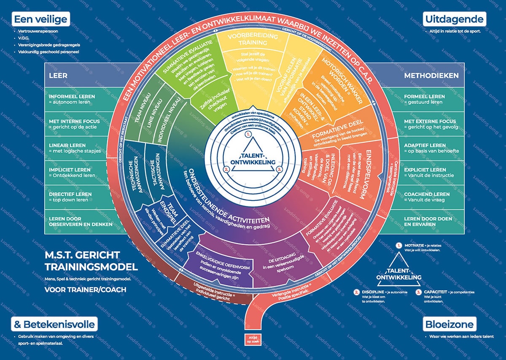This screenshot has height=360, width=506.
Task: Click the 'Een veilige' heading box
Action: tap(40, 19)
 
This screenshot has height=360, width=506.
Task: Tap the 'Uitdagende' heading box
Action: tap(454, 19)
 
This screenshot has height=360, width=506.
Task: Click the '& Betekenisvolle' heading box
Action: tap(54, 325)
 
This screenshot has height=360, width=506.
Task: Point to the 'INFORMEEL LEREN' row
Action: tap(72, 99)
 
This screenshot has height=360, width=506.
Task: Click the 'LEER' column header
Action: tap(58, 76)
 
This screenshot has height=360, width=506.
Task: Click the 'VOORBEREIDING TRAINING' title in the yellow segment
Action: tap(253, 39)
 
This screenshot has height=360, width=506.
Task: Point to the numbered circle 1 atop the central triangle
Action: tap(248, 135)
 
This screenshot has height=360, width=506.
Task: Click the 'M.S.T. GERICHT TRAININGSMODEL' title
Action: tap(91, 260)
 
